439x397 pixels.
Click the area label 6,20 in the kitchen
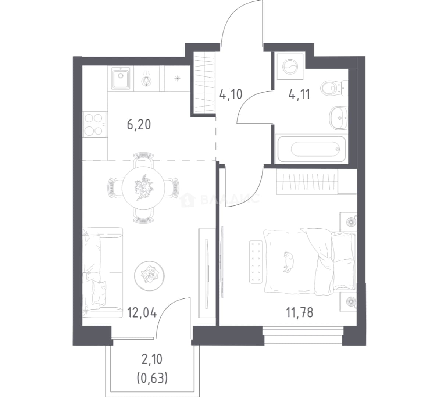point(139,125)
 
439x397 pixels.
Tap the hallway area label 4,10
point(231,94)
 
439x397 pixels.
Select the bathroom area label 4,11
point(299,94)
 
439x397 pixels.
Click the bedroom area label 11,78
point(299,312)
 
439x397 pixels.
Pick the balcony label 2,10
point(152,360)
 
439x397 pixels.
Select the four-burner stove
point(95,125)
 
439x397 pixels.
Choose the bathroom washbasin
point(338,118)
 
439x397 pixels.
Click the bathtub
point(311,149)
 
